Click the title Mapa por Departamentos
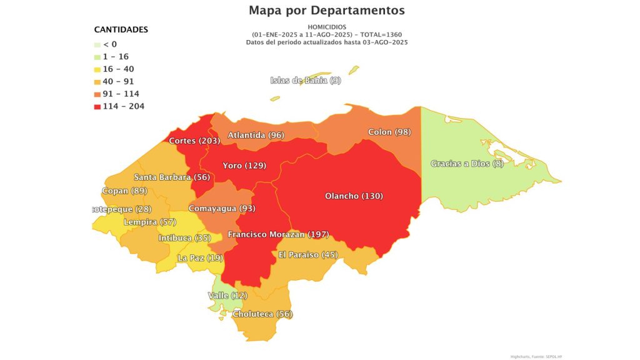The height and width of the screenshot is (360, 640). tap(326, 11)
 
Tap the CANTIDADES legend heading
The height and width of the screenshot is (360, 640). tap(121, 29)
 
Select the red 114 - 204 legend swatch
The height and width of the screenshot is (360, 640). tap(97, 106)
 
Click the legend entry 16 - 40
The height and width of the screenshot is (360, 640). tap(118, 69)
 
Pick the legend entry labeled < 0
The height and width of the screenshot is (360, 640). tap(109, 44)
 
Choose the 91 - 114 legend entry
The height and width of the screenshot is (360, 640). tap(121, 94)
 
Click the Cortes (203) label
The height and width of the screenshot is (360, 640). tap(194, 141)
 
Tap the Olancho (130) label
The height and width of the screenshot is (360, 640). tap(354, 196)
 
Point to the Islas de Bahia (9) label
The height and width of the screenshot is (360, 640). tap(306, 80)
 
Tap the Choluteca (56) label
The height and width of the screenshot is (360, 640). tap(262, 314)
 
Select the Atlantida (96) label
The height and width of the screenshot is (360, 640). tap(256, 135)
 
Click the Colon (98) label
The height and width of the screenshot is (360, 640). tap(389, 132)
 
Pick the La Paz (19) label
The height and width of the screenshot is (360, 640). tap(200, 257)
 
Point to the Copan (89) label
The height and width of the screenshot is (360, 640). tap(124, 191)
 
